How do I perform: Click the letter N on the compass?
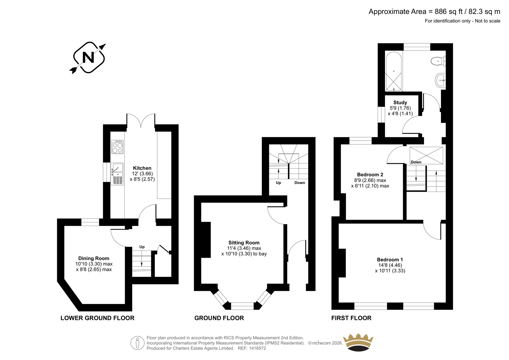[88, 58]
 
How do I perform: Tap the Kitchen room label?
[142, 168]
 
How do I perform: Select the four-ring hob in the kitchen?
[117, 147]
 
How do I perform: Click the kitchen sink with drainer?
[117, 174]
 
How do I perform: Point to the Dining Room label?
[94, 258]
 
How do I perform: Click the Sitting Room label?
[244, 243]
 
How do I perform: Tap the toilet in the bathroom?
[438, 61]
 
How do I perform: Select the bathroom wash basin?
[440, 80]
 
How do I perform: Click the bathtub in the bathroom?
[394, 71]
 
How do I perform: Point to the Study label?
[400, 102]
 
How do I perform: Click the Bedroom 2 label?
[370, 175]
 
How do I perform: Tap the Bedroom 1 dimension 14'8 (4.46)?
[390, 265]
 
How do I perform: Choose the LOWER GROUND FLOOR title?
[97, 318]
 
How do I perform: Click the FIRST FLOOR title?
[351, 318]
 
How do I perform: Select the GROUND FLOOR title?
[219, 318]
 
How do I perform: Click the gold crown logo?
[358, 342]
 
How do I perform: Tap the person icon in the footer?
[137, 343]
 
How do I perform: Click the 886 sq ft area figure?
[449, 11]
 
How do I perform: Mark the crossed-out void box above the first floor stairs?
[426, 155]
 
